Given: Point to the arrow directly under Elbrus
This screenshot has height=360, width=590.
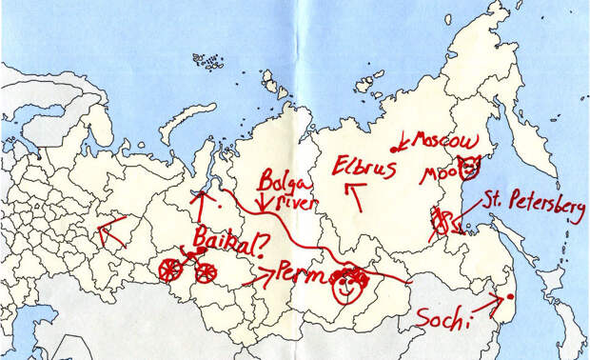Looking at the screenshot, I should pyautogui.click(x=355, y=199).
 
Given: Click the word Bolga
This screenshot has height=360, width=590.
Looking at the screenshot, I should pyautogui.click(x=280, y=180).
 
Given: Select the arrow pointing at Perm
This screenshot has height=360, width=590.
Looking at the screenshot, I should pyautogui.click(x=259, y=277).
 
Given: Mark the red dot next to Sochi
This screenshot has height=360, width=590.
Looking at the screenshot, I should pyautogui.click(x=510, y=297).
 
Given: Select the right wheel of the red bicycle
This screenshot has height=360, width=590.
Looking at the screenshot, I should pyautogui.click(x=205, y=272).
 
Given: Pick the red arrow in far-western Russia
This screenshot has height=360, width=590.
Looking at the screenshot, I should pyautogui.click(x=113, y=231).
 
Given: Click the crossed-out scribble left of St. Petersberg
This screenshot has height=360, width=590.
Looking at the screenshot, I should pyautogui.click(x=440, y=223).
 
